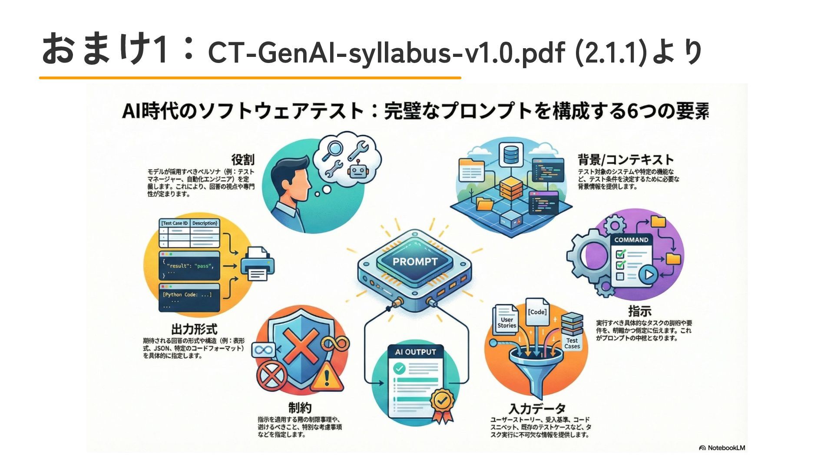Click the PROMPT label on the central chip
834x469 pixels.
(415, 262)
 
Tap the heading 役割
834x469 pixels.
(243, 159)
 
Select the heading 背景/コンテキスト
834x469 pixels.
(625, 159)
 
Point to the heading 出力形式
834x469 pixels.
(194, 329)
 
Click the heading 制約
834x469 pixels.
(300, 408)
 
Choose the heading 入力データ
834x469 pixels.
(537, 409)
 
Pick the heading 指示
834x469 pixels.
(640, 311)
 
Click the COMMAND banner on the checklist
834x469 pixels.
(631, 240)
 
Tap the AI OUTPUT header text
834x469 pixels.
(415, 352)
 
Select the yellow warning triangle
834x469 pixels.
(327, 377)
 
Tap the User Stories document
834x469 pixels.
(506, 322)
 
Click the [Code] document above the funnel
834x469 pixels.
(537, 312)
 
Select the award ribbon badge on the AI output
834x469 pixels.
(442, 404)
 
